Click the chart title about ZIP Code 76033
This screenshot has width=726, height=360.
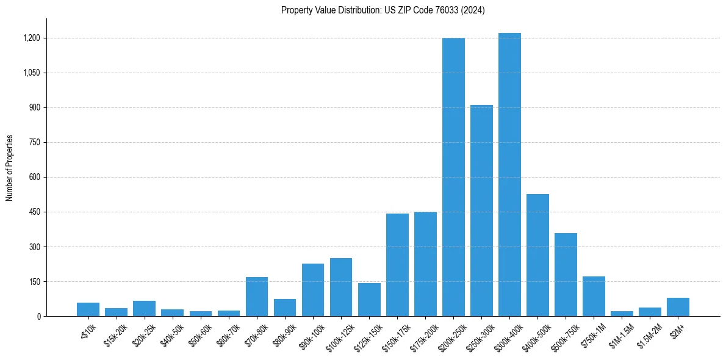(x=383, y=10)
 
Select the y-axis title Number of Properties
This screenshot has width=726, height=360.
(x=10, y=167)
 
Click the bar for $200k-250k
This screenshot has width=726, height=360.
(x=453, y=177)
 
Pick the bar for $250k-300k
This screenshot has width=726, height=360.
(x=481, y=211)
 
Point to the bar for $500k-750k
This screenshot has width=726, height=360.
(x=566, y=275)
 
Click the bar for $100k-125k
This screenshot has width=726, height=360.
(x=341, y=287)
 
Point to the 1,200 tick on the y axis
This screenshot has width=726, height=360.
(x=31, y=38)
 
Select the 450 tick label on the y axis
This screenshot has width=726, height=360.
(x=34, y=212)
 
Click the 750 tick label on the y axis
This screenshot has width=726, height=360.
(x=34, y=142)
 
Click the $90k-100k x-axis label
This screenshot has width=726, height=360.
(x=311, y=335)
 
